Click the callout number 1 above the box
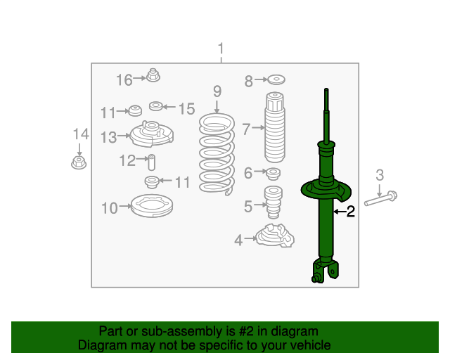[221, 49]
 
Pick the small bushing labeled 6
[273, 173]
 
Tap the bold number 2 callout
[350, 211]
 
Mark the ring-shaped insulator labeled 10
[151, 206]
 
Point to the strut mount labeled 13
[150, 134]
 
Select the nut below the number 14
[79, 164]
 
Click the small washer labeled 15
[156, 106]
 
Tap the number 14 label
[80, 134]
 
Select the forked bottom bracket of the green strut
[325, 271]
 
